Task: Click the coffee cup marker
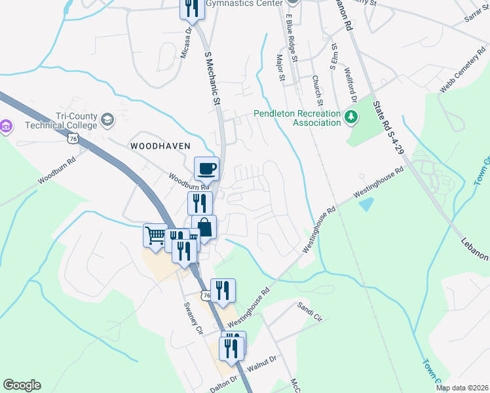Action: pyautogui.click(x=206, y=168)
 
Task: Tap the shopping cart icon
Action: pyautogui.click(x=155, y=234)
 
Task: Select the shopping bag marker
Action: pyautogui.click(x=204, y=227)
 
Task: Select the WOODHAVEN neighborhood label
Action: pyautogui.click(x=160, y=145)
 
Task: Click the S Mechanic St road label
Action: pyautogui.click(x=211, y=79)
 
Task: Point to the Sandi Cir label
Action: pyautogui.click(x=310, y=307)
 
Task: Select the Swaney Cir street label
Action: pyautogui.click(x=194, y=318)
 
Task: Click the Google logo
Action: pyautogui.click(x=22, y=385)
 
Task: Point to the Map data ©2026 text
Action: pyautogui.click(x=462, y=388)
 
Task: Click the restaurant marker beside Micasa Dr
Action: pyautogui.click(x=191, y=9)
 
